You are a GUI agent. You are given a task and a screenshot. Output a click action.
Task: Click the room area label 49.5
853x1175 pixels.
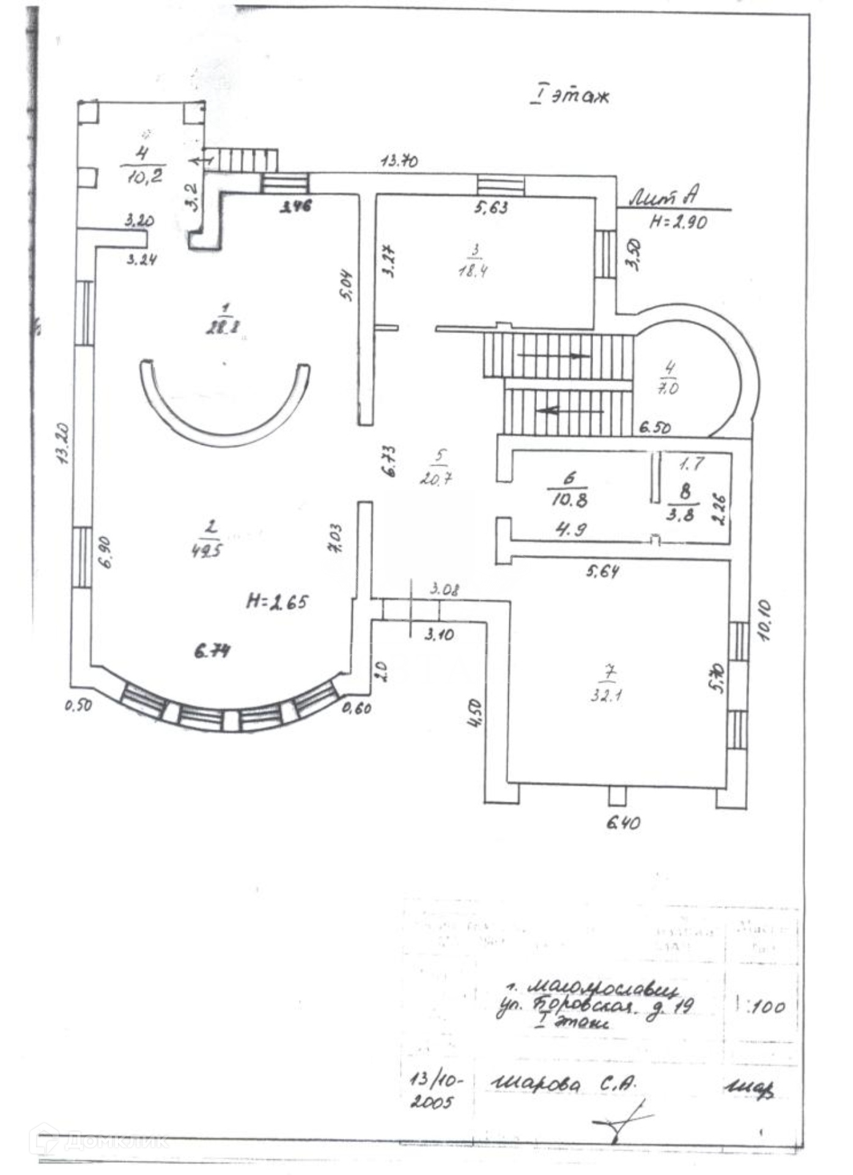point(207,550)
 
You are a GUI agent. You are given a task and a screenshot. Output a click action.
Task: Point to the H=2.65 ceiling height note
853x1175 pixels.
point(277,602)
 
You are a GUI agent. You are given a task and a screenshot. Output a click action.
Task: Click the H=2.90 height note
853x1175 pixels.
point(678,222)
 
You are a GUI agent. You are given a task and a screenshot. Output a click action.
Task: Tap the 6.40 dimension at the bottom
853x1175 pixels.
point(623,822)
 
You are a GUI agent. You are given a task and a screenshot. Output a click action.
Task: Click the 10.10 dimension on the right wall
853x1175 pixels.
point(765,621)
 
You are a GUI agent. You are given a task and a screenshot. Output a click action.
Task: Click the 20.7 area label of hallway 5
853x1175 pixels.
point(436,478)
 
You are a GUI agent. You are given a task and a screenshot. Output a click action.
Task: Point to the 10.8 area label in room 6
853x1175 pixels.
point(569,500)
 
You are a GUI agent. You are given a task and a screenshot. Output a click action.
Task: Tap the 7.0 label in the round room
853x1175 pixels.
point(668,388)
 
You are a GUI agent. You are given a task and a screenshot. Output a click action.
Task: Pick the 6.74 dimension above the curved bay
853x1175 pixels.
point(212,651)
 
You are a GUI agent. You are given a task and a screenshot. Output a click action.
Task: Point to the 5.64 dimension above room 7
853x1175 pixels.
point(602,572)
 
